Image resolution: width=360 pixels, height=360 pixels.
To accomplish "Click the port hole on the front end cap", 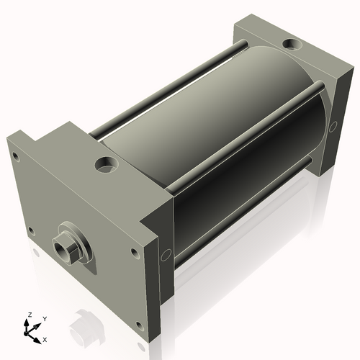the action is click(x=107, y=165).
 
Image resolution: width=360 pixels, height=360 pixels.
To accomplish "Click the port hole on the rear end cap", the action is click(x=292, y=45).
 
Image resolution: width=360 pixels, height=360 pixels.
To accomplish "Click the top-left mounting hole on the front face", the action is click(x=16, y=156).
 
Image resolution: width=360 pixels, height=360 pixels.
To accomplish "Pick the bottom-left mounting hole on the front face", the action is click(x=31, y=231).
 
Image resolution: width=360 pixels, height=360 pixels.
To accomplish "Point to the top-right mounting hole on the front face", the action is click(x=135, y=253).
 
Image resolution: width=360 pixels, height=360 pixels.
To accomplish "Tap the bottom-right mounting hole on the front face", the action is click(x=140, y=325).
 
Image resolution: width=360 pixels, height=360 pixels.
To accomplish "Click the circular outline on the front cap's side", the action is click(x=166, y=255).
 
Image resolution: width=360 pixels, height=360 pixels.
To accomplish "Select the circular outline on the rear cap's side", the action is click(x=333, y=127).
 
